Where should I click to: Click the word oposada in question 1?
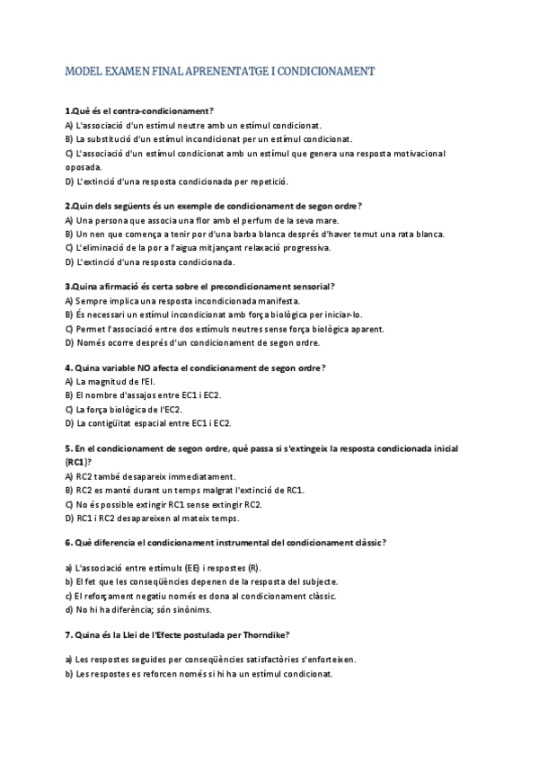click(84, 167)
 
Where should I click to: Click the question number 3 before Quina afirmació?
click(67, 287)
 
